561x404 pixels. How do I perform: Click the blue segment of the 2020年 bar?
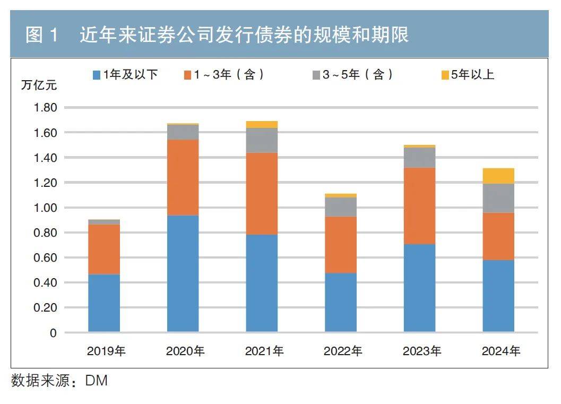click(x=183, y=273)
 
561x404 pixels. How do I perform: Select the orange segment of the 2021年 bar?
click(x=262, y=194)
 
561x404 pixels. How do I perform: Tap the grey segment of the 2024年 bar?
click(x=498, y=198)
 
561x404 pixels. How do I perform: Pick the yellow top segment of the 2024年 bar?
click(x=498, y=176)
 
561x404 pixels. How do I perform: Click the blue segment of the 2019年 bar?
click(x=104, y=303)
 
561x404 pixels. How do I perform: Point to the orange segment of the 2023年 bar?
click(x=419, y=206)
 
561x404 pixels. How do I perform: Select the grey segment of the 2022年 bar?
click(x=340, y=207)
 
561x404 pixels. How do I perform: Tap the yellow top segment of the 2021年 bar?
click(x=262, y=125)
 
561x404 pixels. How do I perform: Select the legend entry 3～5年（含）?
click(x=352, y=75)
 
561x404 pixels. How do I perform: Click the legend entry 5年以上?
click(x=468, y=75)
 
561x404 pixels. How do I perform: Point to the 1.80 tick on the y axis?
click(x=45, y=108)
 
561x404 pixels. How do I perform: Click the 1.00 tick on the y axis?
click(x=45, y=208)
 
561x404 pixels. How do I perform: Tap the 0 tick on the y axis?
click(x=53, y=333)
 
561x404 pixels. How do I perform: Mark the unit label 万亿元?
click(x=38, y=84)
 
